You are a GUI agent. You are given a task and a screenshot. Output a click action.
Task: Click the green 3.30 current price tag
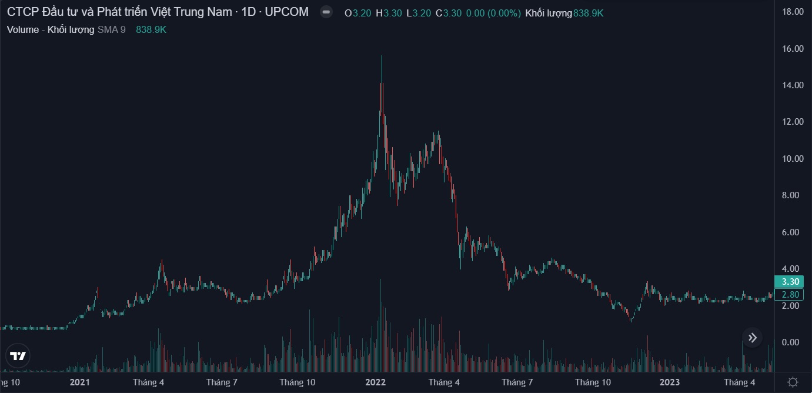pos(788,282)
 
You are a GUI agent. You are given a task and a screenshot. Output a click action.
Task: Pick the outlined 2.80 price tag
pos(788,295)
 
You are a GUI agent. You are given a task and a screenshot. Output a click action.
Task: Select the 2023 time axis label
pos(670,382)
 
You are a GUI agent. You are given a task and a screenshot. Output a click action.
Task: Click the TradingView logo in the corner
pos(18,356)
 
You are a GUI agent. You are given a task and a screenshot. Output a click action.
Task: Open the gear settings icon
pos(793,382)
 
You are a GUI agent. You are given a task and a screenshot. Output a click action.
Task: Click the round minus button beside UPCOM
pos(326,12)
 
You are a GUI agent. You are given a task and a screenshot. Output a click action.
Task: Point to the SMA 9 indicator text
pos(111,29)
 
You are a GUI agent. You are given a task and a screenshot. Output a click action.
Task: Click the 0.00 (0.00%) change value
pos(493,12)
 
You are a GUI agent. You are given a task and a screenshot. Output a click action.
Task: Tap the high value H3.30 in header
pos(388,12)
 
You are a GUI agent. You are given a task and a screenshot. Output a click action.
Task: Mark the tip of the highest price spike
pos(382,56)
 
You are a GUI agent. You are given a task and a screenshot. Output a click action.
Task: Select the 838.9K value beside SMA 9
pos(151,29)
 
